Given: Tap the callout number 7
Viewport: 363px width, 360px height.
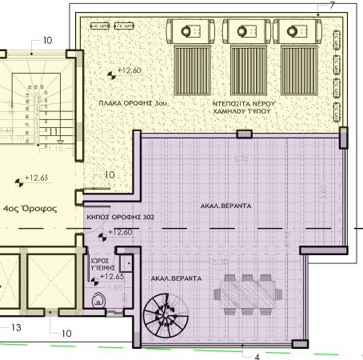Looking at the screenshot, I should (x=332, y=6).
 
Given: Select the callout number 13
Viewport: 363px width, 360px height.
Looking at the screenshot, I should (x=15, y=327).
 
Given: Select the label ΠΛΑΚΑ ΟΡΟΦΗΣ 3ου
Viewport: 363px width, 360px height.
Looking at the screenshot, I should (x=133, y=104).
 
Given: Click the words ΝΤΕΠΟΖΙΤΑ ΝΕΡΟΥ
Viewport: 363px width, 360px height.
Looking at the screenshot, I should (x=245, y=104).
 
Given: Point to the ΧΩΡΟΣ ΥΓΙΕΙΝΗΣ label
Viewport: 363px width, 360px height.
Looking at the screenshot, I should (x=97, y=265).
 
